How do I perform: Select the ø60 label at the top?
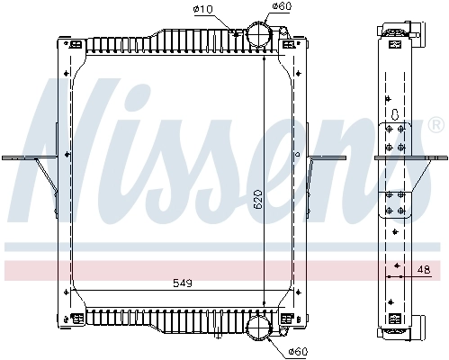click(282, 8)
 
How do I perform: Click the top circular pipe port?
click(258, 36)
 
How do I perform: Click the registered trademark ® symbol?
click(436, 123)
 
